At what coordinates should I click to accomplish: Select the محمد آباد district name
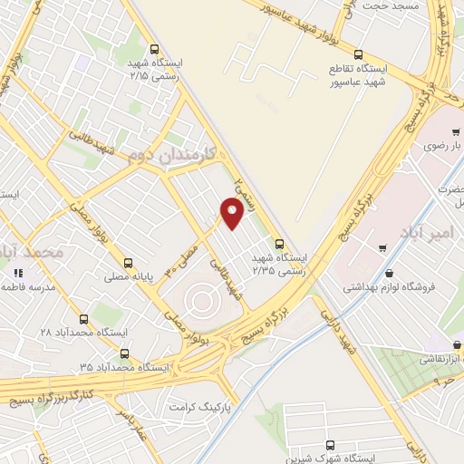click(32, 250)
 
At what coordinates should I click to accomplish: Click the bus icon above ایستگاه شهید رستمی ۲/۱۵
click(154, 50)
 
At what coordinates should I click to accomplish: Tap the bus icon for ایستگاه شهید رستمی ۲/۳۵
click(279, 243)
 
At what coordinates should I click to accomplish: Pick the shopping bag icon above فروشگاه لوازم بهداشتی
click(389, 274)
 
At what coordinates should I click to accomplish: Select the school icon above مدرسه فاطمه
click(15, 271)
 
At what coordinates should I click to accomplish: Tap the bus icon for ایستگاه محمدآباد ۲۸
click(83, 319)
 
